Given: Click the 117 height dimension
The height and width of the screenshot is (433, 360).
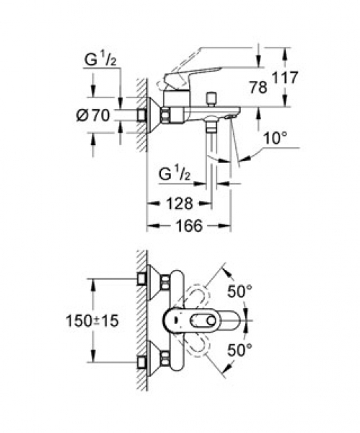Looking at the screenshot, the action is [x=285, y=77].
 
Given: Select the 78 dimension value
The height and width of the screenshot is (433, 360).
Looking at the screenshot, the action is [x=258, y=87].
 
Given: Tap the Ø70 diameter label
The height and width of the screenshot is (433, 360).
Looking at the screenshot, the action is [x=93, y=115].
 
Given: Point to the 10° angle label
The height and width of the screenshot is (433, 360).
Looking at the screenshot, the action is [x=276, y=138].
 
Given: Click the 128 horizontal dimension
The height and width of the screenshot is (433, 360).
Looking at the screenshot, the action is [x=180, y=204].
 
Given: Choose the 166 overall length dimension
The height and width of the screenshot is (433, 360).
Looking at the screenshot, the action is [x=190, y=226].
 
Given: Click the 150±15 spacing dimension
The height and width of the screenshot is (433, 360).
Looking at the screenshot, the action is [x=92, y=320].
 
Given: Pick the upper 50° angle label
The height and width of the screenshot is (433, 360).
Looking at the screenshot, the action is [x=240, y=291].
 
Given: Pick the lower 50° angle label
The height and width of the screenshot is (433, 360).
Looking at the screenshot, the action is [x=240, y=350].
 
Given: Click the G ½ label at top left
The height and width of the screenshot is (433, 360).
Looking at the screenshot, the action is [x=100, y=59].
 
